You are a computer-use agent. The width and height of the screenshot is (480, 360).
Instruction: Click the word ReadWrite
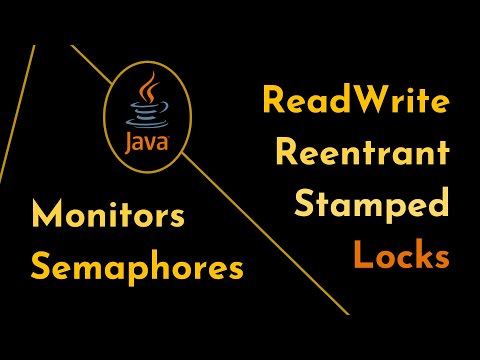(354, 101)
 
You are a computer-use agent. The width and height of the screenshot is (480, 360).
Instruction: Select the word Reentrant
(361, 153)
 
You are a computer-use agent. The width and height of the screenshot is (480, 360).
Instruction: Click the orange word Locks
(399, 256)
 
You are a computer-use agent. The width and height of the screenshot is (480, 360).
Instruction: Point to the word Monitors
(109, 214)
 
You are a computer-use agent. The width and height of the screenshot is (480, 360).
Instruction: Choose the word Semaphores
(137, 266)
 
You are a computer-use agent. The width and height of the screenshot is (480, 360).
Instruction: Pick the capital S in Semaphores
(41, 266)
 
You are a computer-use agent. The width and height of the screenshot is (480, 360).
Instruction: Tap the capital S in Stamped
(306, 205)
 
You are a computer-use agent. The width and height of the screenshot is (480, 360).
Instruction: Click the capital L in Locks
(361, 256)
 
